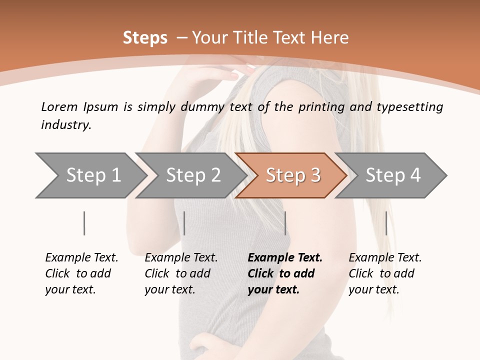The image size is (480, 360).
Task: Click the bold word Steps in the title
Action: coord(145,38)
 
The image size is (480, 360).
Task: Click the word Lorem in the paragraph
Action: coord(59,106)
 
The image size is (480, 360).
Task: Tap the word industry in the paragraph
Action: coord(66,125)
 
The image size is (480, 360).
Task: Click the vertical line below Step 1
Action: coord(84,223)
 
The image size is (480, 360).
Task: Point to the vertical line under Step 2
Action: coord(184,223)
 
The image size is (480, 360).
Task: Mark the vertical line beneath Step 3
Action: coord(285,223)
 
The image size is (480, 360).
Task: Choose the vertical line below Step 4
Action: coord(386,223)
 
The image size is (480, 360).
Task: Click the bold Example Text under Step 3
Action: coord(285,258)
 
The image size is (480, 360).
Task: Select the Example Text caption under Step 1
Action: coord(81,258)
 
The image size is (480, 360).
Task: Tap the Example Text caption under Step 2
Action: coord(181,258)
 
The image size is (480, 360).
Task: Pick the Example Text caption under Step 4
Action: coord(385,258)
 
